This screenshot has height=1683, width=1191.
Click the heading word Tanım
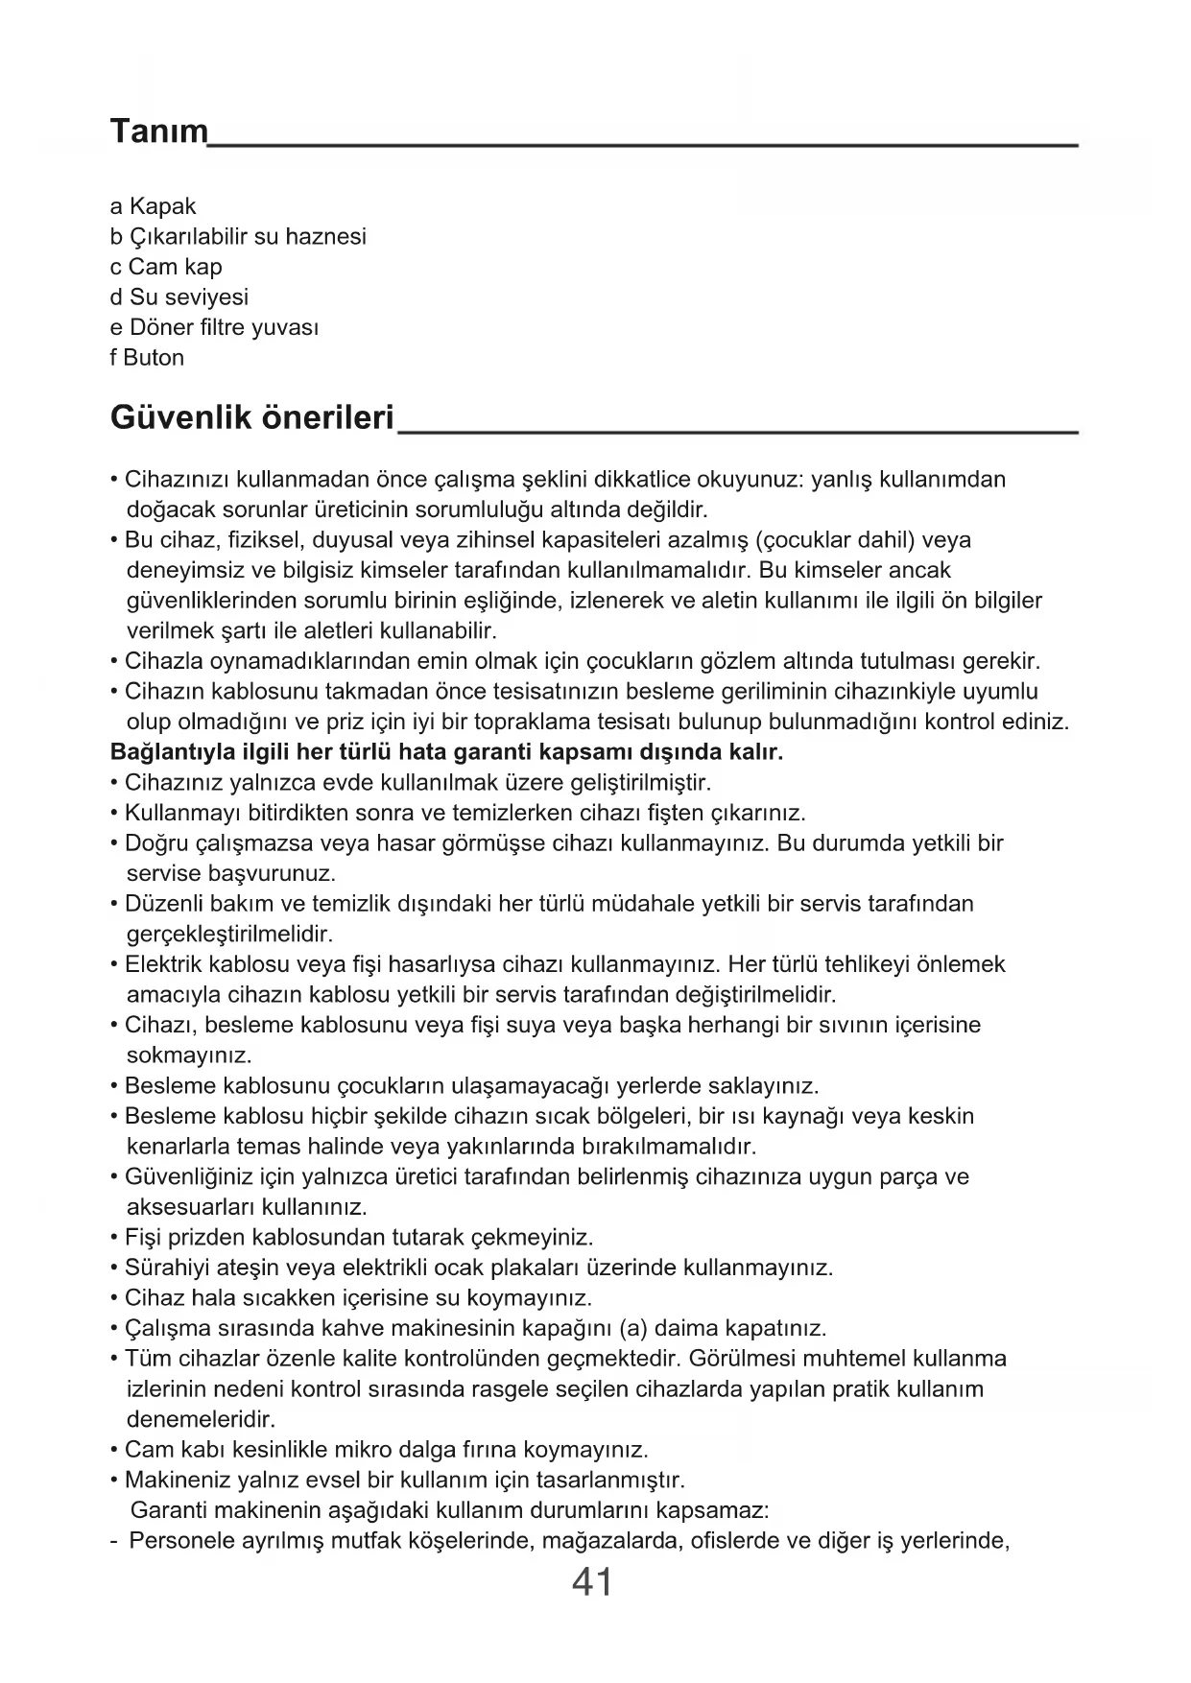pos(159,130)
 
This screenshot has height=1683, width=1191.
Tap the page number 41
pos(592,1581)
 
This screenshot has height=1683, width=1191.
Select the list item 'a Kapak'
pos(153,206)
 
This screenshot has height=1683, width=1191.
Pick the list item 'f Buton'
pos(147,358)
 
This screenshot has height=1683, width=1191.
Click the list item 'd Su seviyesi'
pos(179,297)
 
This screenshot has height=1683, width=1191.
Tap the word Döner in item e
pos(161,327)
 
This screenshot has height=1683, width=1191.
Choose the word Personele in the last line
pos(179,1541)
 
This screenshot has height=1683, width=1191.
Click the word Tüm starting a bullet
pos(146,1359)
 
